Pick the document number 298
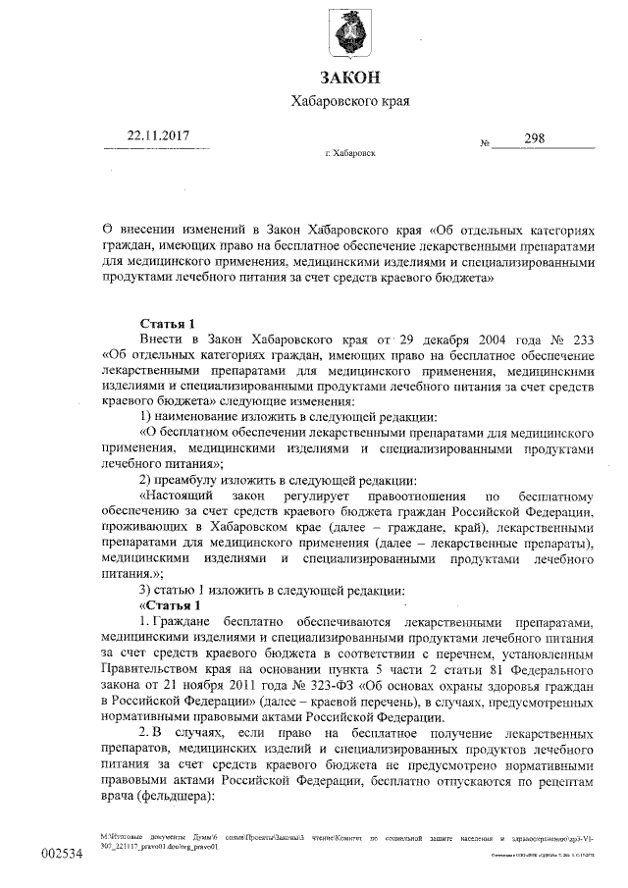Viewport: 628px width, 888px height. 535,138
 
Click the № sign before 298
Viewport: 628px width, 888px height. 484,143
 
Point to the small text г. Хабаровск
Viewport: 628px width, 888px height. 348,154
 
